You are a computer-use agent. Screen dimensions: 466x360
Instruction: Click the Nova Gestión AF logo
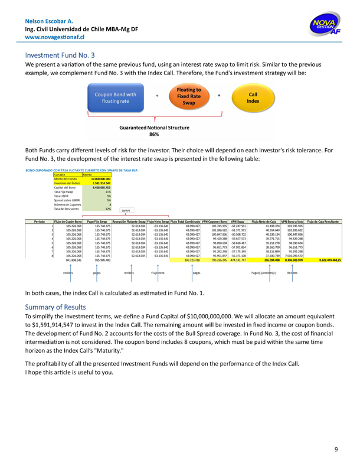tap(323, 27)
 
